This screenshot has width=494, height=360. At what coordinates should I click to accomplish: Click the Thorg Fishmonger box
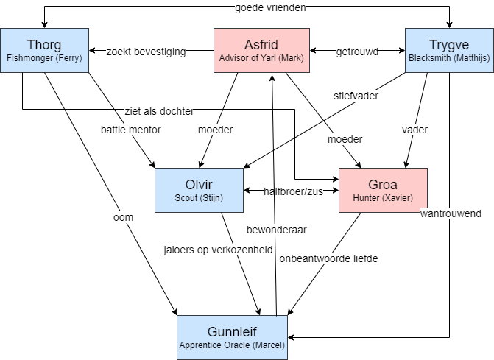[x=44, y=50]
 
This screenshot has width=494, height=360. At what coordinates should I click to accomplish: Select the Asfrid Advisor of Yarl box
[x=261, y=50]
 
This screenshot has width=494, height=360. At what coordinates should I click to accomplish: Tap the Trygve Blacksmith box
[x=449, y=50]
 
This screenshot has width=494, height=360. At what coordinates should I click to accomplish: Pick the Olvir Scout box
[x=199, y=190]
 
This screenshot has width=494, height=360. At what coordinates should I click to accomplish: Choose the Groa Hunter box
[x=383, y=190]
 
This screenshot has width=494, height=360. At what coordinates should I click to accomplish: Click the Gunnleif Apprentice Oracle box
[x=232, y=337]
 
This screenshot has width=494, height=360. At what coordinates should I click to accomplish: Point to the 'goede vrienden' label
[x=270, y=7]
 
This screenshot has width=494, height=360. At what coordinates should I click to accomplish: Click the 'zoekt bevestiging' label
[x=147, y=52]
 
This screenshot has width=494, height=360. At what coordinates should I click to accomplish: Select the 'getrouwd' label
[x=357, y=52]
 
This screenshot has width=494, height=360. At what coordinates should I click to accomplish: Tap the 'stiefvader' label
[x=356, y=96]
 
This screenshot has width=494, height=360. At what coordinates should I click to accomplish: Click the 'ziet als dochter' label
[x=160, y=111]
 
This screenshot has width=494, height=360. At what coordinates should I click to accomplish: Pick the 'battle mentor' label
[x=131, y=130]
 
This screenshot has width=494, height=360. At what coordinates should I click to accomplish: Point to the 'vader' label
[x=414, y=130]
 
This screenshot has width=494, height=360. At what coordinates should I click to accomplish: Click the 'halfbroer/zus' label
[x=293, y=191]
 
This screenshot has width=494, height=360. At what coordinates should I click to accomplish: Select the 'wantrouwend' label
[x=451, y=213]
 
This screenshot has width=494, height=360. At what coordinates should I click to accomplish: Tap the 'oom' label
[x=123, y=217]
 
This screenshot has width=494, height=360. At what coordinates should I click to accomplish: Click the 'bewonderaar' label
[x=277, y=230]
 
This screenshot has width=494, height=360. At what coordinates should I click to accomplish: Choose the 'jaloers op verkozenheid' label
[x=218, y=250]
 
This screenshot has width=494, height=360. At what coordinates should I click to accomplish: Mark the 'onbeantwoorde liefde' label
[x=328, y=258]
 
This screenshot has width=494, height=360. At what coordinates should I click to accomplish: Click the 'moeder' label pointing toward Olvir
[x=216, y=130]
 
